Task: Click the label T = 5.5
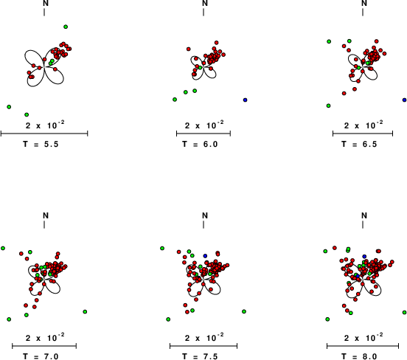[41, 144]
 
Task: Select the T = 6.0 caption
[200, 144]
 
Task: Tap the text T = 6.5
[359, 144]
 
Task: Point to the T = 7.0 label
[41, 356]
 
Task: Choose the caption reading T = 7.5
[200, 356]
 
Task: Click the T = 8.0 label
[359, 356]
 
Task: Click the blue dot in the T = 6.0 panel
[245, 100]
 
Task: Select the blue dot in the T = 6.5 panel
[404, 100]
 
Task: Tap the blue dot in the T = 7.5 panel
[205, 256]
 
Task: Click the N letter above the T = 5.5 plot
[46, 4]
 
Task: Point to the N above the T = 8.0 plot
[364, 215]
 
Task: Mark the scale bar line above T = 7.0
[44, 346]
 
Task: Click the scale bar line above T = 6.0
[204, 134]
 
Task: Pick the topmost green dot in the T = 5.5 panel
[66, 27]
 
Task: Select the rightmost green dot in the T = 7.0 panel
[85, 311]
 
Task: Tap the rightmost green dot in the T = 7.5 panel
[244, 311]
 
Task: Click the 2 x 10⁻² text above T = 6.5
[363, 125]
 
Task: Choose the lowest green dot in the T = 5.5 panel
[27, 114]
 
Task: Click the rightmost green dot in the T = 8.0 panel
[404, 312]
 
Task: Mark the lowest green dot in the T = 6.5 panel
[328, 105]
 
